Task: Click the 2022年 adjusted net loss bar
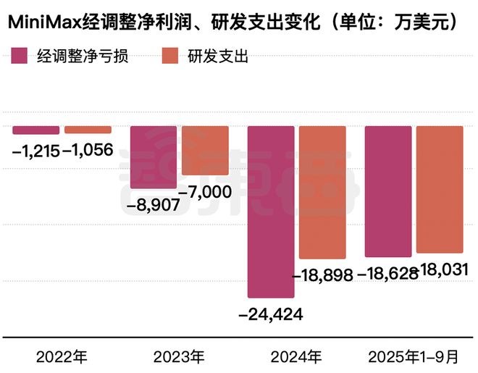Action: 36,130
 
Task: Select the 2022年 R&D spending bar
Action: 88,130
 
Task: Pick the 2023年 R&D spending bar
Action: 205,151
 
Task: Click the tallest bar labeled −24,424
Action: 271,211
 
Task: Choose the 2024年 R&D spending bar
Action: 322,193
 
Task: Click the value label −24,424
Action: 271,314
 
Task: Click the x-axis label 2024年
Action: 296,357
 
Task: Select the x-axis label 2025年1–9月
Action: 414,357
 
